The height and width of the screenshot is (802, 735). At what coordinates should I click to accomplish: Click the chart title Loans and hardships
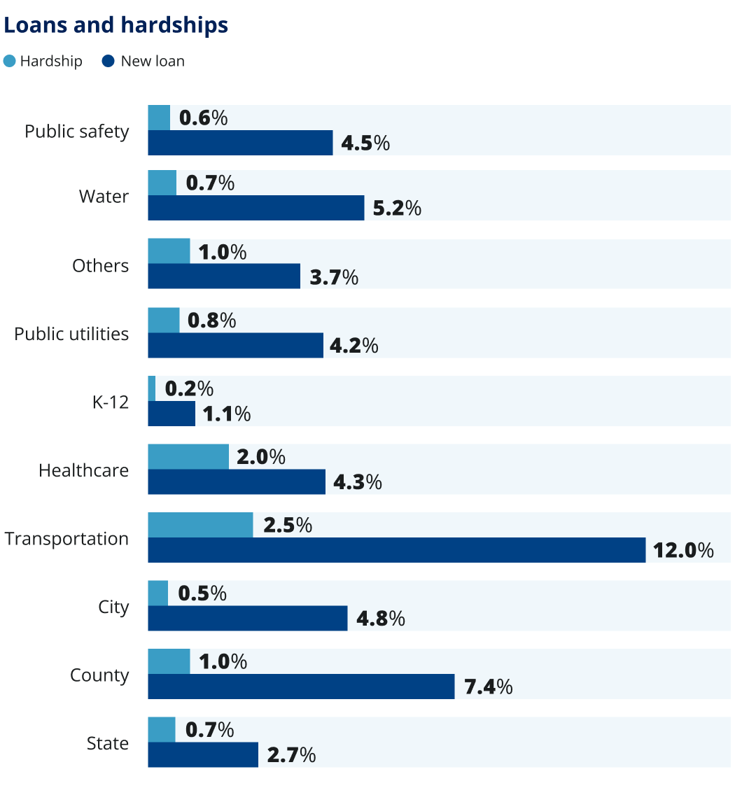[116, 25]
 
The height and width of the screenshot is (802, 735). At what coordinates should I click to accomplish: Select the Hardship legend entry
[43, 61]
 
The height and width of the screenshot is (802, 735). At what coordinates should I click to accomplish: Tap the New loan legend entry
[143, 61]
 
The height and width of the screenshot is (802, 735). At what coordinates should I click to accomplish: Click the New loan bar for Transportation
[396, 550]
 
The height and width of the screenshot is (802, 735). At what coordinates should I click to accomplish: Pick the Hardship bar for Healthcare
[188, 456]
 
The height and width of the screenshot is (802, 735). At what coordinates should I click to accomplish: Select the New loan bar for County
[301, 687]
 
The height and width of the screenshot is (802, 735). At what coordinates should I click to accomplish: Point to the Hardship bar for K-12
[152, 388]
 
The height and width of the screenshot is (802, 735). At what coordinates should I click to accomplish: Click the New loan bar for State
[203, 755]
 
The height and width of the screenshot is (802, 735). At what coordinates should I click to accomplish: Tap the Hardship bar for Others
[169, 251]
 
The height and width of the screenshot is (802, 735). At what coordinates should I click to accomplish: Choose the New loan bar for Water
[256, 208]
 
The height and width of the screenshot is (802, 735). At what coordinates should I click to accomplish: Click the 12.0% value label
[683, 550]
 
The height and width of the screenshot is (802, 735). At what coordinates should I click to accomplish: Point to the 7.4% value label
[488, 687]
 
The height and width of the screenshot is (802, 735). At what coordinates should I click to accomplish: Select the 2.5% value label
[287, 525]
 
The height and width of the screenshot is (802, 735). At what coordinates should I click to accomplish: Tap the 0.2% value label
[189, 388]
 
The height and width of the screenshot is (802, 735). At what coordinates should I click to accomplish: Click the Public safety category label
[77, 131]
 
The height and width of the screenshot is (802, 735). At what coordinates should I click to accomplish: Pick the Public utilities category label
[71, 334]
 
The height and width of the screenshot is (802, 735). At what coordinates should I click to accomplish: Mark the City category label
[113, 607]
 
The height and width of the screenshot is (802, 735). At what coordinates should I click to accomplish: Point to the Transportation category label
[66, 539]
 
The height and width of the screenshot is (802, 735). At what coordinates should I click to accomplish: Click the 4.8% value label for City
[380, 619]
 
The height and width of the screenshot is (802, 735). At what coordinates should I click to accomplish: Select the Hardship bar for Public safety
[159, 118]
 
